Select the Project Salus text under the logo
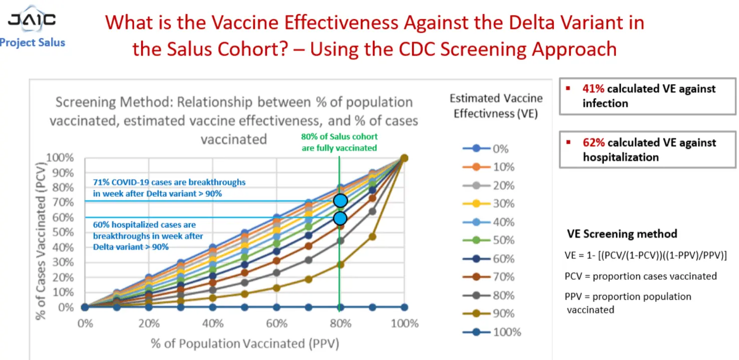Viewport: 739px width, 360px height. [33, 43]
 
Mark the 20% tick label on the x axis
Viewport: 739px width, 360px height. [149, 323]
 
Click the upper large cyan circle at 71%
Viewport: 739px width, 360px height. [340, 201]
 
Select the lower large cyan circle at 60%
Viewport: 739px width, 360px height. [340, 218]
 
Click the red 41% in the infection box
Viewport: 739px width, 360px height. [593, 89]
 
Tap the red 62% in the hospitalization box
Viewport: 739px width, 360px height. [593, 143]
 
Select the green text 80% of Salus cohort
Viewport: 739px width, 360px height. [339, 137]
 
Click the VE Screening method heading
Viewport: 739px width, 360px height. [622, 234]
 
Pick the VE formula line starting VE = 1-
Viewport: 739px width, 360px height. [645, 255]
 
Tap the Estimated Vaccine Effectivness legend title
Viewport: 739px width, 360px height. [496, 106]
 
